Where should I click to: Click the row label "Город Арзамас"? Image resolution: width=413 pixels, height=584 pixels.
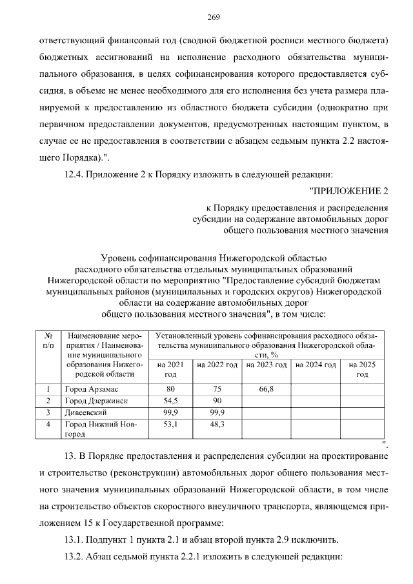(90, 389)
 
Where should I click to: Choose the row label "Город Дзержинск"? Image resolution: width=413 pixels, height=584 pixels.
(96, 401)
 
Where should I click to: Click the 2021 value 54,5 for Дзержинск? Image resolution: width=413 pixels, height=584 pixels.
(170, 401)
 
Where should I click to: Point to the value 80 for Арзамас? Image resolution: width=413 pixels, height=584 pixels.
(170, 389)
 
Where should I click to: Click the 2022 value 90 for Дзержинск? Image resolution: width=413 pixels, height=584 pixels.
(217, 401)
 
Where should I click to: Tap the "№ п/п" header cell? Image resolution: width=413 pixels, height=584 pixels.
(48, 341)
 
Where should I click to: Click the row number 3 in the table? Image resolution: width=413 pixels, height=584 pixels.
(48, 412)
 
